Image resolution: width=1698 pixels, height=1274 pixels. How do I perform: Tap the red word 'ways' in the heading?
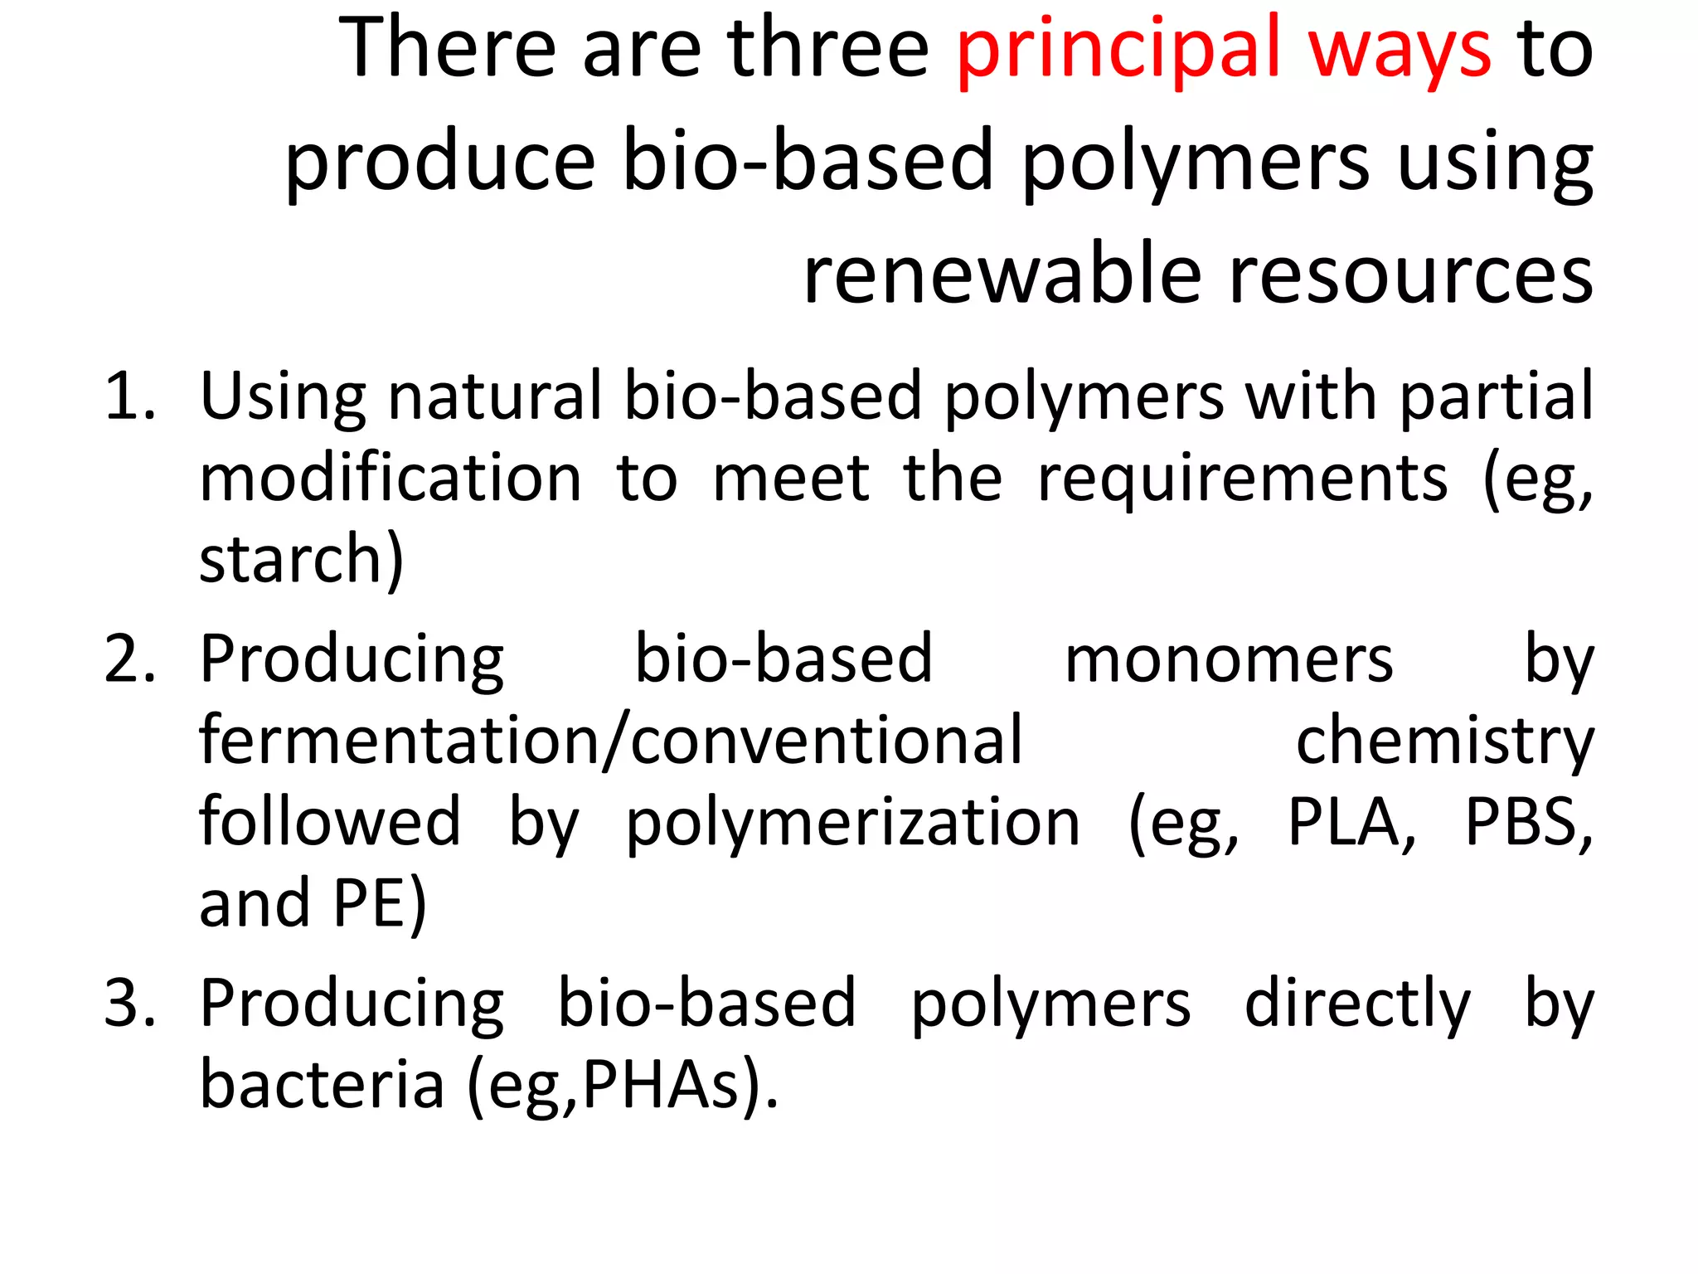pos(1400,51)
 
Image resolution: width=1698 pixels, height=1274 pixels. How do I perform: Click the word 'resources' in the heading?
pos(1410,275)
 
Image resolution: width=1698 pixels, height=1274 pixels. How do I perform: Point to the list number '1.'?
pos(130,397)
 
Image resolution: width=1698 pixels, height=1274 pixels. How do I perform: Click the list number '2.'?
pos(130,659)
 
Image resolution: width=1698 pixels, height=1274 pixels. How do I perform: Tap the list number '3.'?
pos(130,1004)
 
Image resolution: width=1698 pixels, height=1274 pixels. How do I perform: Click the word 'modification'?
pos(391,479)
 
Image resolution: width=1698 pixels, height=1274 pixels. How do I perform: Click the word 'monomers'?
pos(1229,659)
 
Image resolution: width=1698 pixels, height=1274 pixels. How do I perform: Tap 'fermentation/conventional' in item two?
pos(611,741)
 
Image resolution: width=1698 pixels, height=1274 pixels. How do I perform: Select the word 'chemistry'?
pos(1444,741)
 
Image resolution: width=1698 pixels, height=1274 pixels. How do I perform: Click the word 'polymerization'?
pos(852,823)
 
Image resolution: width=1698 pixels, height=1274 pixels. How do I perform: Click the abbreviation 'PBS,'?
pos(1528,823)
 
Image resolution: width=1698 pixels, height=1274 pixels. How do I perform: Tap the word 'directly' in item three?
pos(1357,1004)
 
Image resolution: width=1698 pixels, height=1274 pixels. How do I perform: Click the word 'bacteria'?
pos(323,1085)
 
